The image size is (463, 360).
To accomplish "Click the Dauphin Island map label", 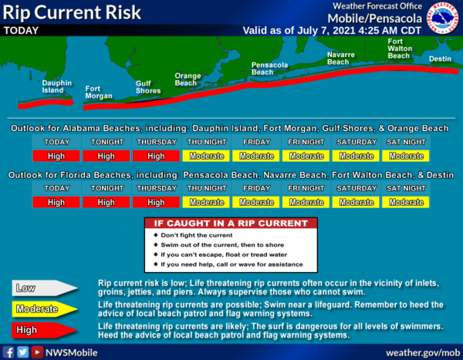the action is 56,87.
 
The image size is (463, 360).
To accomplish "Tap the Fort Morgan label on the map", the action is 99,93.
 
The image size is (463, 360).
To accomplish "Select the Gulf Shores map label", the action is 148,87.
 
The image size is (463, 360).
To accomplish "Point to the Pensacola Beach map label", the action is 269,69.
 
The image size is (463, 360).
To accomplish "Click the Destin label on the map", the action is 440,59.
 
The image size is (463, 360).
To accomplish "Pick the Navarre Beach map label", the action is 341,58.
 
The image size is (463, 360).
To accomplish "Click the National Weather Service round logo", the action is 441,19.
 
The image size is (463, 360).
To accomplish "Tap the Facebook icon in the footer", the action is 8,352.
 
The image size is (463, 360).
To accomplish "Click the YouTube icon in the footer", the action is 37,352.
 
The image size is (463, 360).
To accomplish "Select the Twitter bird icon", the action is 22,352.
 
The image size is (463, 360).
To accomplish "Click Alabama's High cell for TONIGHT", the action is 106,156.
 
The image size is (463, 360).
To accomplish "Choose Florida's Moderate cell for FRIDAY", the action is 256,202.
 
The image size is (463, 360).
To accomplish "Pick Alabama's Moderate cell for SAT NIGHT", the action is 406,156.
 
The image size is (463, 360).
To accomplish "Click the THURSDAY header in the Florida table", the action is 157,188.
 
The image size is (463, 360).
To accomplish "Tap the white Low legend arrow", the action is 45,288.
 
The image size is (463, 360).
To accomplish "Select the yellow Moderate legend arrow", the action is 45,309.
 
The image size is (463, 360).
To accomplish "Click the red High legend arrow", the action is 45,330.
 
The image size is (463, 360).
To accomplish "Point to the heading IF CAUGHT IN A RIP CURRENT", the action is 231,224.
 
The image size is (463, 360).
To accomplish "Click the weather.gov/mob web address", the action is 423,352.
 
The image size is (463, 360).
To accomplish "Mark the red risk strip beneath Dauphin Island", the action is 46,104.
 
